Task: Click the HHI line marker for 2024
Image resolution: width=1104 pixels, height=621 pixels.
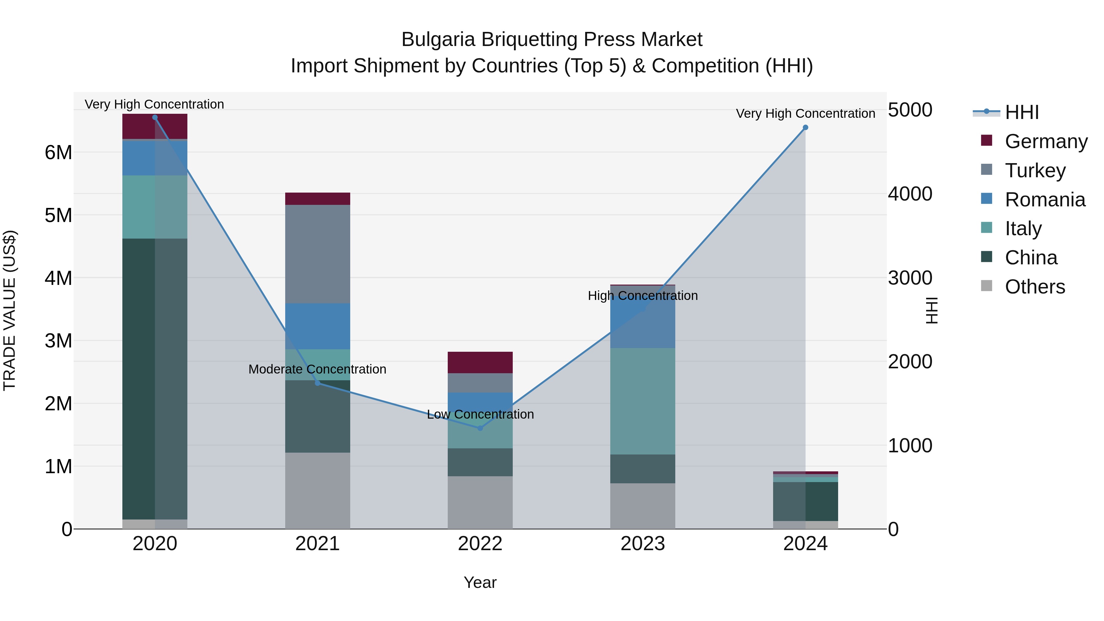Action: (x=805, y=127)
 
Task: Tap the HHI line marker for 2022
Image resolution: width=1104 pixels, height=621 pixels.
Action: (x=480, y=428)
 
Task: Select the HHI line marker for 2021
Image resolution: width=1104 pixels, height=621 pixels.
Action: (x=318, y=383)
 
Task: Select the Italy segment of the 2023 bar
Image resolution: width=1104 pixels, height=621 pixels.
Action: (x=642, y=401)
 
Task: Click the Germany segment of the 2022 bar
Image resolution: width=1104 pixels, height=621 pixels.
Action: (x=480, y=362)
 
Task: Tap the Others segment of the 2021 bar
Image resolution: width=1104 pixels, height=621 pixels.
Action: (x=318, y=491)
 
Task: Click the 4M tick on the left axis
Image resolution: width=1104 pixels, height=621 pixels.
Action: (x=59, y=278)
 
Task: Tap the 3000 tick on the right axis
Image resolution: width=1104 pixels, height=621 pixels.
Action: (x=910, y=278)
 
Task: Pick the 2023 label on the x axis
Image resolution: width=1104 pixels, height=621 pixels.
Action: (x=642, y=544)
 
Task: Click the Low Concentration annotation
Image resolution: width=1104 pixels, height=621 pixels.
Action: (x=480, y=414)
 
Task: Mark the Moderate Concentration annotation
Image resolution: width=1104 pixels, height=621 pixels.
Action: (x=317, y=369)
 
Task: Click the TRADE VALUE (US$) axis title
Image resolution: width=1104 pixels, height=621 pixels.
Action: (x=10, y=310)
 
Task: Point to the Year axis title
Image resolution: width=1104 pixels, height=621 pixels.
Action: (x=480, y=582)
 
